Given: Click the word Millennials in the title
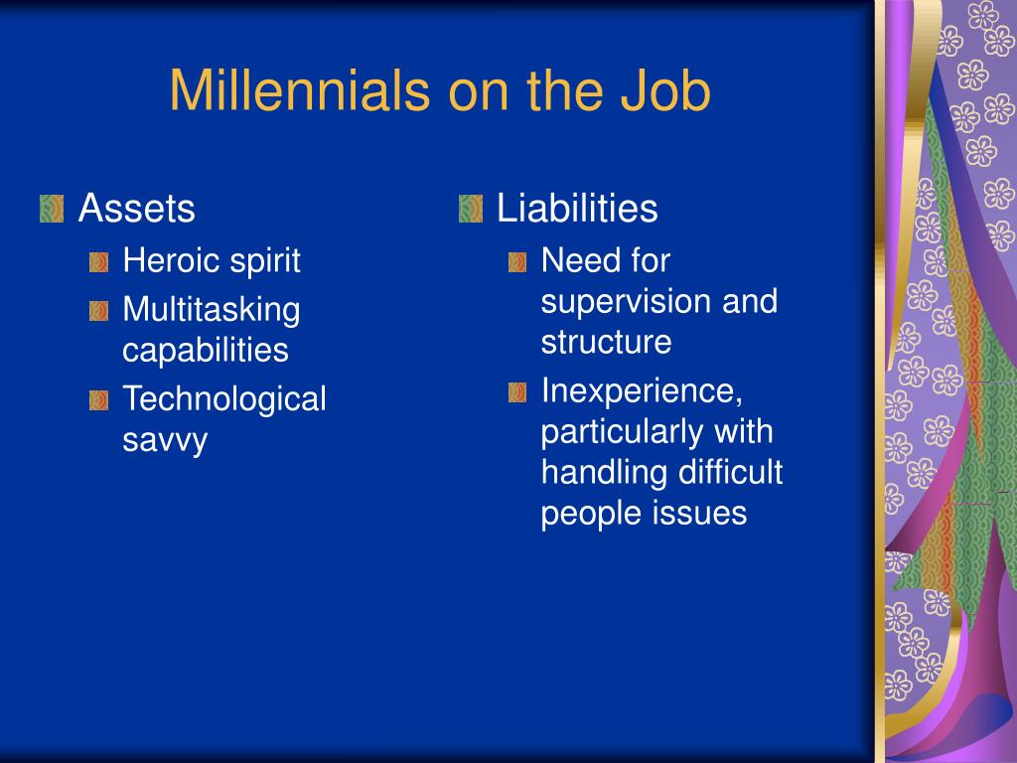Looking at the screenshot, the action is [300, 90].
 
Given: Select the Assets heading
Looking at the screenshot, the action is [136, 209].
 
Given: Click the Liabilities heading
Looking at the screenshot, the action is [577, 209].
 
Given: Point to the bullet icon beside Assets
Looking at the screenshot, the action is [52, 209].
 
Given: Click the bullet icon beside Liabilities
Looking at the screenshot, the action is [470, 209].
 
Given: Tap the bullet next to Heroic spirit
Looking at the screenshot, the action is [98, 262].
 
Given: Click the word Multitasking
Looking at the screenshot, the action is [212, 310].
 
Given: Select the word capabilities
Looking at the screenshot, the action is [206, 351].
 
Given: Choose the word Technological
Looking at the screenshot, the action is [224, 398].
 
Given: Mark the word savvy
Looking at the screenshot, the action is [165, 440].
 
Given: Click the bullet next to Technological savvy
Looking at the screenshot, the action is [98, 400].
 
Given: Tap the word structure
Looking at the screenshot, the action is [607, 342].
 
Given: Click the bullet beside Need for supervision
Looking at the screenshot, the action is [516, 262].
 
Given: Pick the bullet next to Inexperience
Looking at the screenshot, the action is [516, 391].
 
